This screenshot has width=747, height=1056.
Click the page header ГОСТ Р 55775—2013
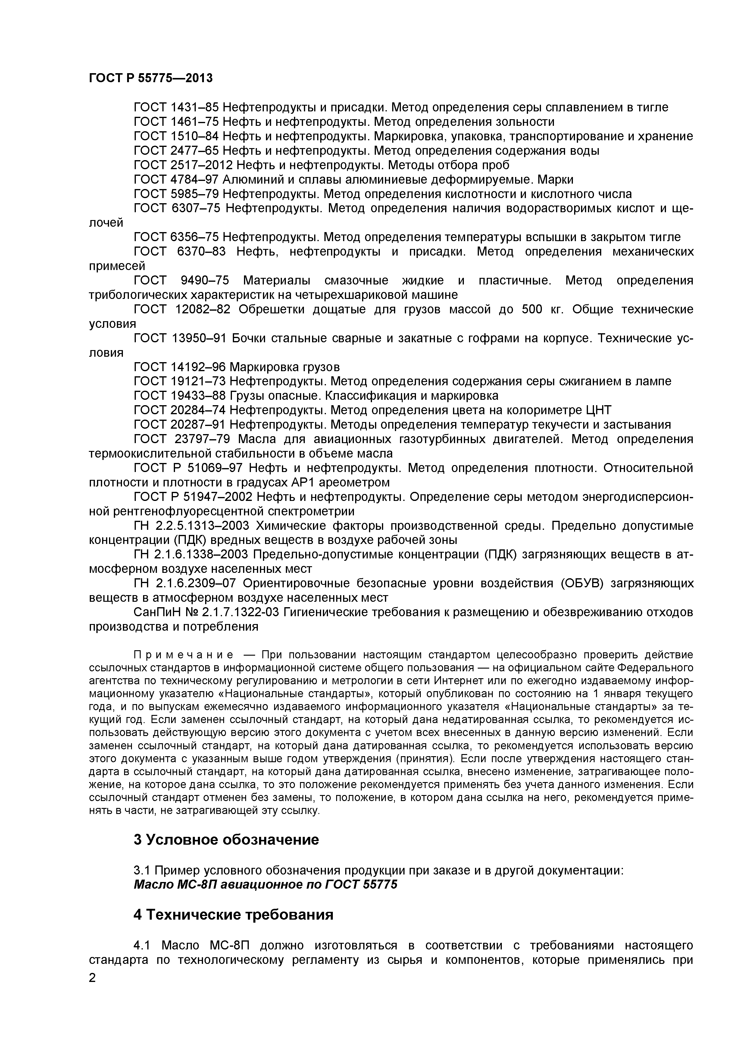point(151,78)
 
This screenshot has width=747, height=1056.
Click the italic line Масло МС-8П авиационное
point(265,884)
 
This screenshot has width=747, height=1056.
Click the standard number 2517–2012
point(202,165)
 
